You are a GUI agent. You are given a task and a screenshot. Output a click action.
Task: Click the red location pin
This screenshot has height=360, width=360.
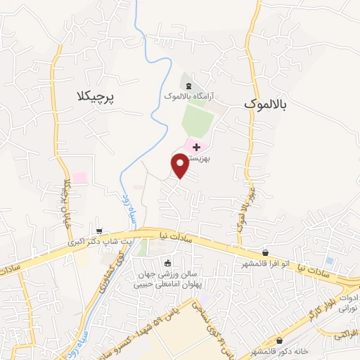point(180,166)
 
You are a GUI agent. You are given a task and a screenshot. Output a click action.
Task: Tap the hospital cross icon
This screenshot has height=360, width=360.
point(196,146)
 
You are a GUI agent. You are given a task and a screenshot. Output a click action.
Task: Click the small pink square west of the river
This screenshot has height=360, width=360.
point(79,178)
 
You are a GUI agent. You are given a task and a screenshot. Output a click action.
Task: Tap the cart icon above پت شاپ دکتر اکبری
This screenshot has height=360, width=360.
point(99,230)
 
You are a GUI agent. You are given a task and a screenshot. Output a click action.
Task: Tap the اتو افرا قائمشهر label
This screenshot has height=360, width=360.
point(264,263)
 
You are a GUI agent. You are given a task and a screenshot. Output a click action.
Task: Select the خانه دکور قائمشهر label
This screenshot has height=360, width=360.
point(280,351)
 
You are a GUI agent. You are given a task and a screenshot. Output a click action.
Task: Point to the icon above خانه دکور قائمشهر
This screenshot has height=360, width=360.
point(278,341)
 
